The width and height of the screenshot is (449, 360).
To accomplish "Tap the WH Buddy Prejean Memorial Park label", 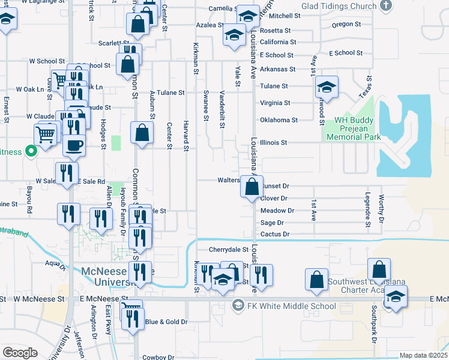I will [x=354, y=128].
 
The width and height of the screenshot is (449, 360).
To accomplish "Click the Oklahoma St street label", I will [x=279, y=120].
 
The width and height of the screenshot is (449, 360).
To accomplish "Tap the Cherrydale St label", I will [x=228, y=249].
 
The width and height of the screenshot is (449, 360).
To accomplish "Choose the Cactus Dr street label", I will [x=275, y=234].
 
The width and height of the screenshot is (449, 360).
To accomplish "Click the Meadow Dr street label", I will [x=277, y=211].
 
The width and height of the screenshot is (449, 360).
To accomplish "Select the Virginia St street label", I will [x=275, y=103].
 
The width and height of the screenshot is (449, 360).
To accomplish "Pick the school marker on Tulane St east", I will [x=327, y=87].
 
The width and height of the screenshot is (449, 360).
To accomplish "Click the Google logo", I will [x=20, y=353].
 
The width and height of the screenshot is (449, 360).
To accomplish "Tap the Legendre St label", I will [x=367, y=207].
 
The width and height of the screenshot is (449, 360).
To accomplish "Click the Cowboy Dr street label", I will [x=157, y=357].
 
